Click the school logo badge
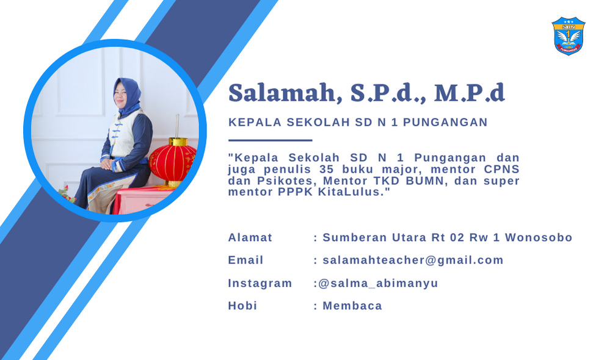pos(568,35)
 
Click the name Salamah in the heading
pos(282,93)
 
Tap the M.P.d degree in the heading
pos(469,93)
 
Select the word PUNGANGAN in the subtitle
pos(445,123)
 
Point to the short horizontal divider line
pos(270,140)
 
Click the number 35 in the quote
pos(327,169)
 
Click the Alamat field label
pos(250,237)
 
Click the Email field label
pos(245,261)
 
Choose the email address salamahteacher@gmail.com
pos(413,261)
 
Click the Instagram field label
pos(260,283)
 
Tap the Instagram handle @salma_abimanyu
pos(378,283)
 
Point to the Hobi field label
pos(242,306)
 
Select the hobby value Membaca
pos(352,306)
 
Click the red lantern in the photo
pos(172,162)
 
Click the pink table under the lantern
pos(141,200)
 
